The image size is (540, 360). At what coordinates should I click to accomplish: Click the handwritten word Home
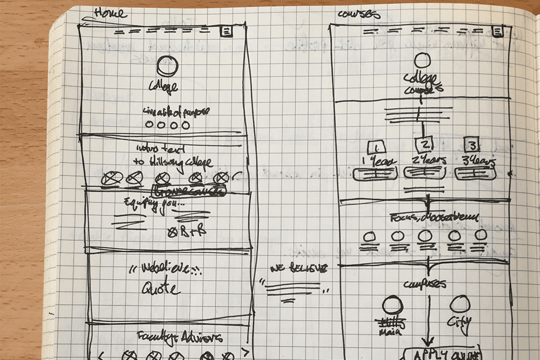110,12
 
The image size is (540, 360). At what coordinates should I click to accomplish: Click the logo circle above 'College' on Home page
167,66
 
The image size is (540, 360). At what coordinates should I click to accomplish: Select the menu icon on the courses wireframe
497,31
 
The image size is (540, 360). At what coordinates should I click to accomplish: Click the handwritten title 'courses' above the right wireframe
359,13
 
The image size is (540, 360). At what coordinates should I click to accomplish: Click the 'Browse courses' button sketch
189,191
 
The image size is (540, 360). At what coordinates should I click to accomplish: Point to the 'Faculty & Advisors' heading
180,337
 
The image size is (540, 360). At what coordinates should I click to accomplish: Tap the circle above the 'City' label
460,304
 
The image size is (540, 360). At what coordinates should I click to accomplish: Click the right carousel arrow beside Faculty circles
244,352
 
